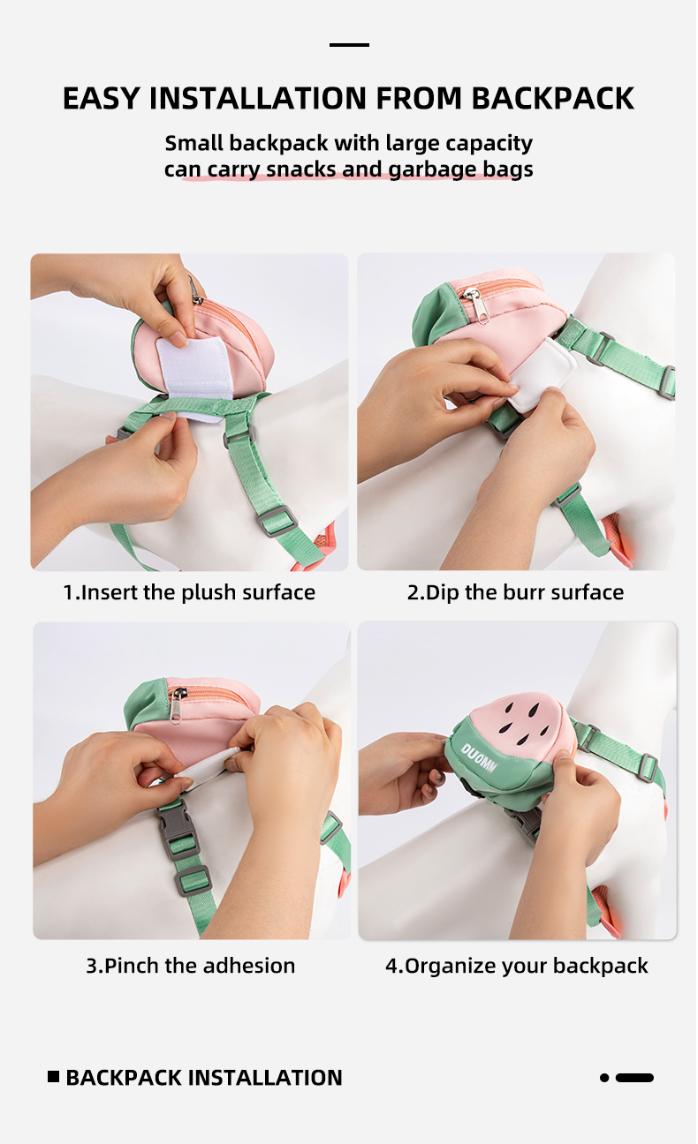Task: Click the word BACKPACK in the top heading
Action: [x=552, y=98]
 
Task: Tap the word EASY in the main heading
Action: [x=101, y=98]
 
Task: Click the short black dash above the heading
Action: [x=349, y=45]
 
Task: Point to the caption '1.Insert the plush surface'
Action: [x=189, y=592]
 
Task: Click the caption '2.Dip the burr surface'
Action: [x=515, y=592]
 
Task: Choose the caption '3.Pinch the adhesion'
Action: [x=190, y=966]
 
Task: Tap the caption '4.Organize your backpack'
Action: [x=517, y=967]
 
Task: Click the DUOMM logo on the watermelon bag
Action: [x=478, y=757]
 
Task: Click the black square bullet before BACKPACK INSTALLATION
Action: [x=53, y=1077]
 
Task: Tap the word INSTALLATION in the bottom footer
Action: [x=265, y=1078]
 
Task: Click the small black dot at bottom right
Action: [x=604, y=1078]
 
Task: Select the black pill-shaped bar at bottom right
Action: [x=634, y=1078]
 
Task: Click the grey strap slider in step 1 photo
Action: [x=277, y=521]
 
